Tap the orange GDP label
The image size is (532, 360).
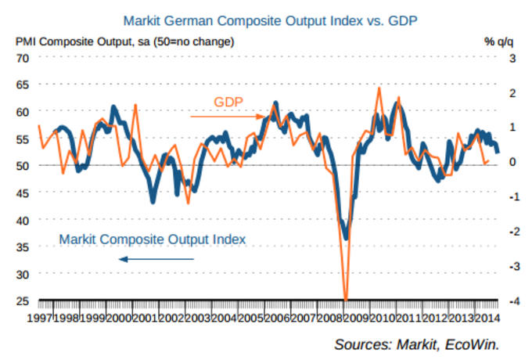228,103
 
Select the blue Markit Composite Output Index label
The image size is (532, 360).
153,239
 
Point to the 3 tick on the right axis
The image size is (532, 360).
512,58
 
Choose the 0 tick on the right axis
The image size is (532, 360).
512,162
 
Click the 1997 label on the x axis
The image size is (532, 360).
40,319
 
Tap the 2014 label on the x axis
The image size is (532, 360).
487,319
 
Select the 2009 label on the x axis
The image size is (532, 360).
356,319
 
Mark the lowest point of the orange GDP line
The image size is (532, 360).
345,300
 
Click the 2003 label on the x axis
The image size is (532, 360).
198,319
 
